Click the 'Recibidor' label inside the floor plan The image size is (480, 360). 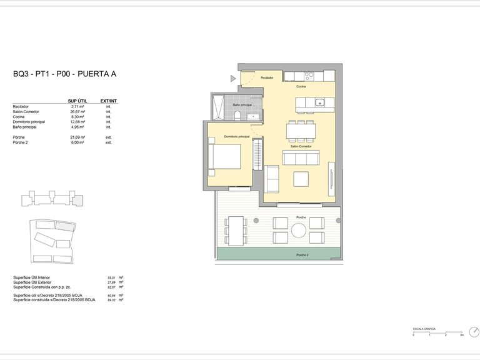(x=267, y=78)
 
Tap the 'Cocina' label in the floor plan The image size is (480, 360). (x=301, y=87)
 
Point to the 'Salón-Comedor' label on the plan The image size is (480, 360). (x=301, y=146)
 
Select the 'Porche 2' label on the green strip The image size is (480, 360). (x=303, y=255)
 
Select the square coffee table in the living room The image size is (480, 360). (x=301, y=179)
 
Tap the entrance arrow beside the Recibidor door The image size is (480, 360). (x=233, y=78)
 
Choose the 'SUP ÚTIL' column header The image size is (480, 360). (x=77, y=101)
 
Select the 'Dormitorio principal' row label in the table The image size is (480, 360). (x=29, y=122)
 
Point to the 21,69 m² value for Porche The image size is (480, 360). (x=78, y=137)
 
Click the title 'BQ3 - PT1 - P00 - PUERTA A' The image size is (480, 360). (x=64, y=74)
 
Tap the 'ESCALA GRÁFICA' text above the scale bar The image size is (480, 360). (x=424, y=329)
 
